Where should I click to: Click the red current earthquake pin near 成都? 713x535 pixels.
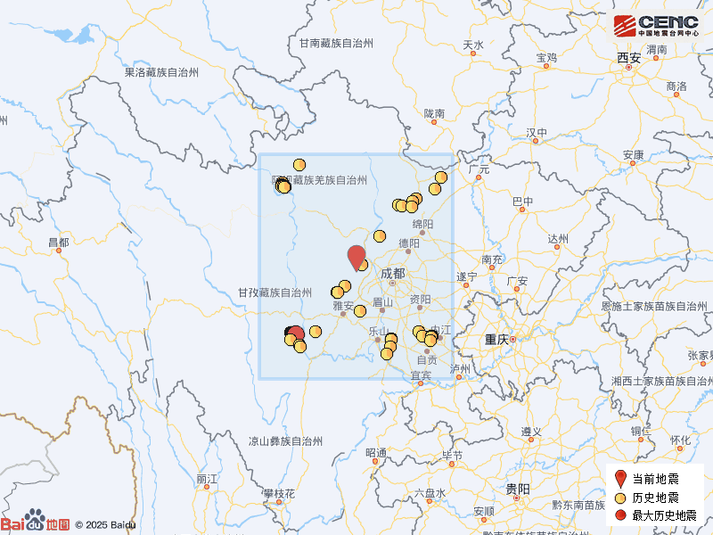(356, 256)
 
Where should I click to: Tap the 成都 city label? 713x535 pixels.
(392, 274)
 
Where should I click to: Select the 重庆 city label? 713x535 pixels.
(496, 340)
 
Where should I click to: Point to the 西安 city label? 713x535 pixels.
(628, 58)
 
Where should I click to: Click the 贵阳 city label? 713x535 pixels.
(517, 489)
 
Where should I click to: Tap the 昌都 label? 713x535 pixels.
(58, 243)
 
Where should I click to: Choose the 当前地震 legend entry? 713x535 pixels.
(655, 479)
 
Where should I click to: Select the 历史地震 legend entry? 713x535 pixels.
(655, 497)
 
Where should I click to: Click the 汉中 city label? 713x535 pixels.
(537, 133)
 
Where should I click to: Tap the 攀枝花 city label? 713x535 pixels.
(278, 493)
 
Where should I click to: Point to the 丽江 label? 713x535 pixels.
(206, 479)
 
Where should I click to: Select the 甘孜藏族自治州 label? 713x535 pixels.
(275, 292)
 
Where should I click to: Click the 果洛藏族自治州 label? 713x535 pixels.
(161, 72)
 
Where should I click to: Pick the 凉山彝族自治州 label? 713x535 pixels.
(284, 440)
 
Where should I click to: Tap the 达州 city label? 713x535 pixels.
(558, 238)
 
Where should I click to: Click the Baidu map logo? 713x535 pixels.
(36, 523)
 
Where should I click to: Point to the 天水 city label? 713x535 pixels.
(473, 45)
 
